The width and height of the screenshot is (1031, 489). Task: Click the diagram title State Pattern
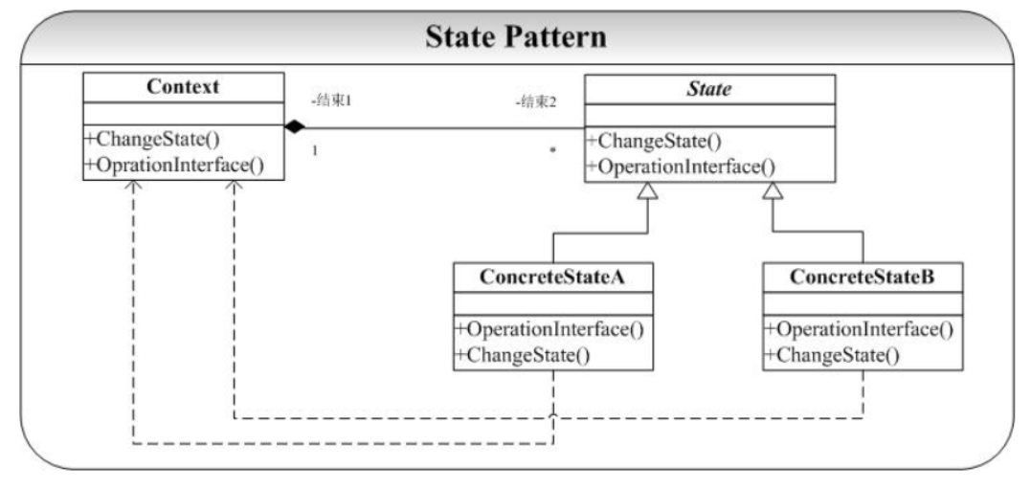point(515,37)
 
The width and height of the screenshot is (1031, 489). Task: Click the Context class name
point(184,87)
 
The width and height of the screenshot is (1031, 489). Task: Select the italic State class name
point(708,89)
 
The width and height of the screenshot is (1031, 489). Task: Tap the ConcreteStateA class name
point(552,278)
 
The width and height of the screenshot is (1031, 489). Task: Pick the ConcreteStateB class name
point(862,278)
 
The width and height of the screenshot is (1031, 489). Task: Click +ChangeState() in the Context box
point(150,140)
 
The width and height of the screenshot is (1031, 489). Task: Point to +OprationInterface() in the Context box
point(174,165)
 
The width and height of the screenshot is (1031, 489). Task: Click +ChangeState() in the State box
point(653,142)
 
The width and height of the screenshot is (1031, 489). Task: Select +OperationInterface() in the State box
point(681,167)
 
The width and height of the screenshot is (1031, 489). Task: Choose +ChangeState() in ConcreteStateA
point(522,356)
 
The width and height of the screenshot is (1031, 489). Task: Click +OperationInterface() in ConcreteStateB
point(859,329)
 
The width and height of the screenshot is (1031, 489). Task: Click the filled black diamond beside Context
point(295,127)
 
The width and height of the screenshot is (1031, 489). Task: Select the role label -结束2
point(536,102)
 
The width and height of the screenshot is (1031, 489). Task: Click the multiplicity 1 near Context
point(314,150)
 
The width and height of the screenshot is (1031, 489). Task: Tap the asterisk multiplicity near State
point(553,150)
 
